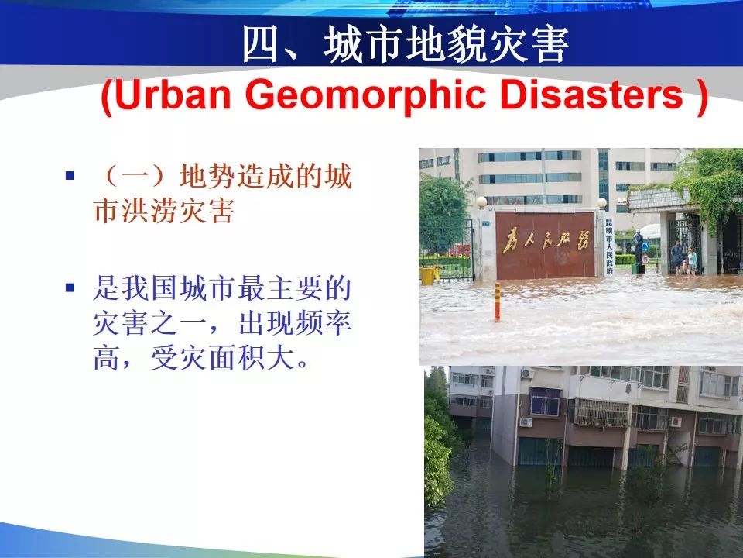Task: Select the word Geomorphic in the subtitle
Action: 365,95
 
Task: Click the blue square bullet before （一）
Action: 70,176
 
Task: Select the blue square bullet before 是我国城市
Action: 70,288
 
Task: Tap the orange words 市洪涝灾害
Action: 164,211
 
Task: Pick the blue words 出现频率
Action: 295,323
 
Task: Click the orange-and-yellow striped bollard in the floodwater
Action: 497,301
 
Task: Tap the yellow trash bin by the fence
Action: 427,275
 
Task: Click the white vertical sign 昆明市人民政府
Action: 609,246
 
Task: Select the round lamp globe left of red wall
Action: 482,202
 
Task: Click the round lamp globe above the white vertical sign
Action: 602,203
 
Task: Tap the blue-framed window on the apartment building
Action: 545,401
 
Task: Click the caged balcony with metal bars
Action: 602,413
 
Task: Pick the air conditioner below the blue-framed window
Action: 526,422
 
